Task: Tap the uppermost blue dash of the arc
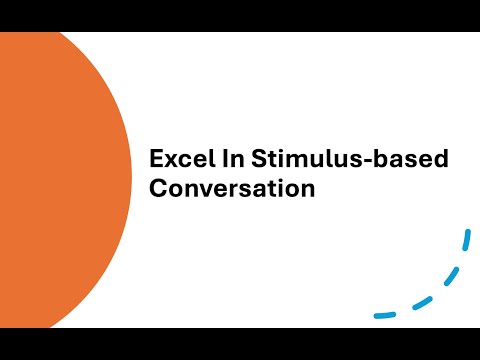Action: (465, 241)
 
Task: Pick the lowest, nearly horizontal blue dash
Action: (385, 315)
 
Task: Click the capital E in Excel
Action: (156, 159)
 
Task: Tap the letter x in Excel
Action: (169, 161)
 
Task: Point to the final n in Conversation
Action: (307, 189)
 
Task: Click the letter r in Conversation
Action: (229, 189)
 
